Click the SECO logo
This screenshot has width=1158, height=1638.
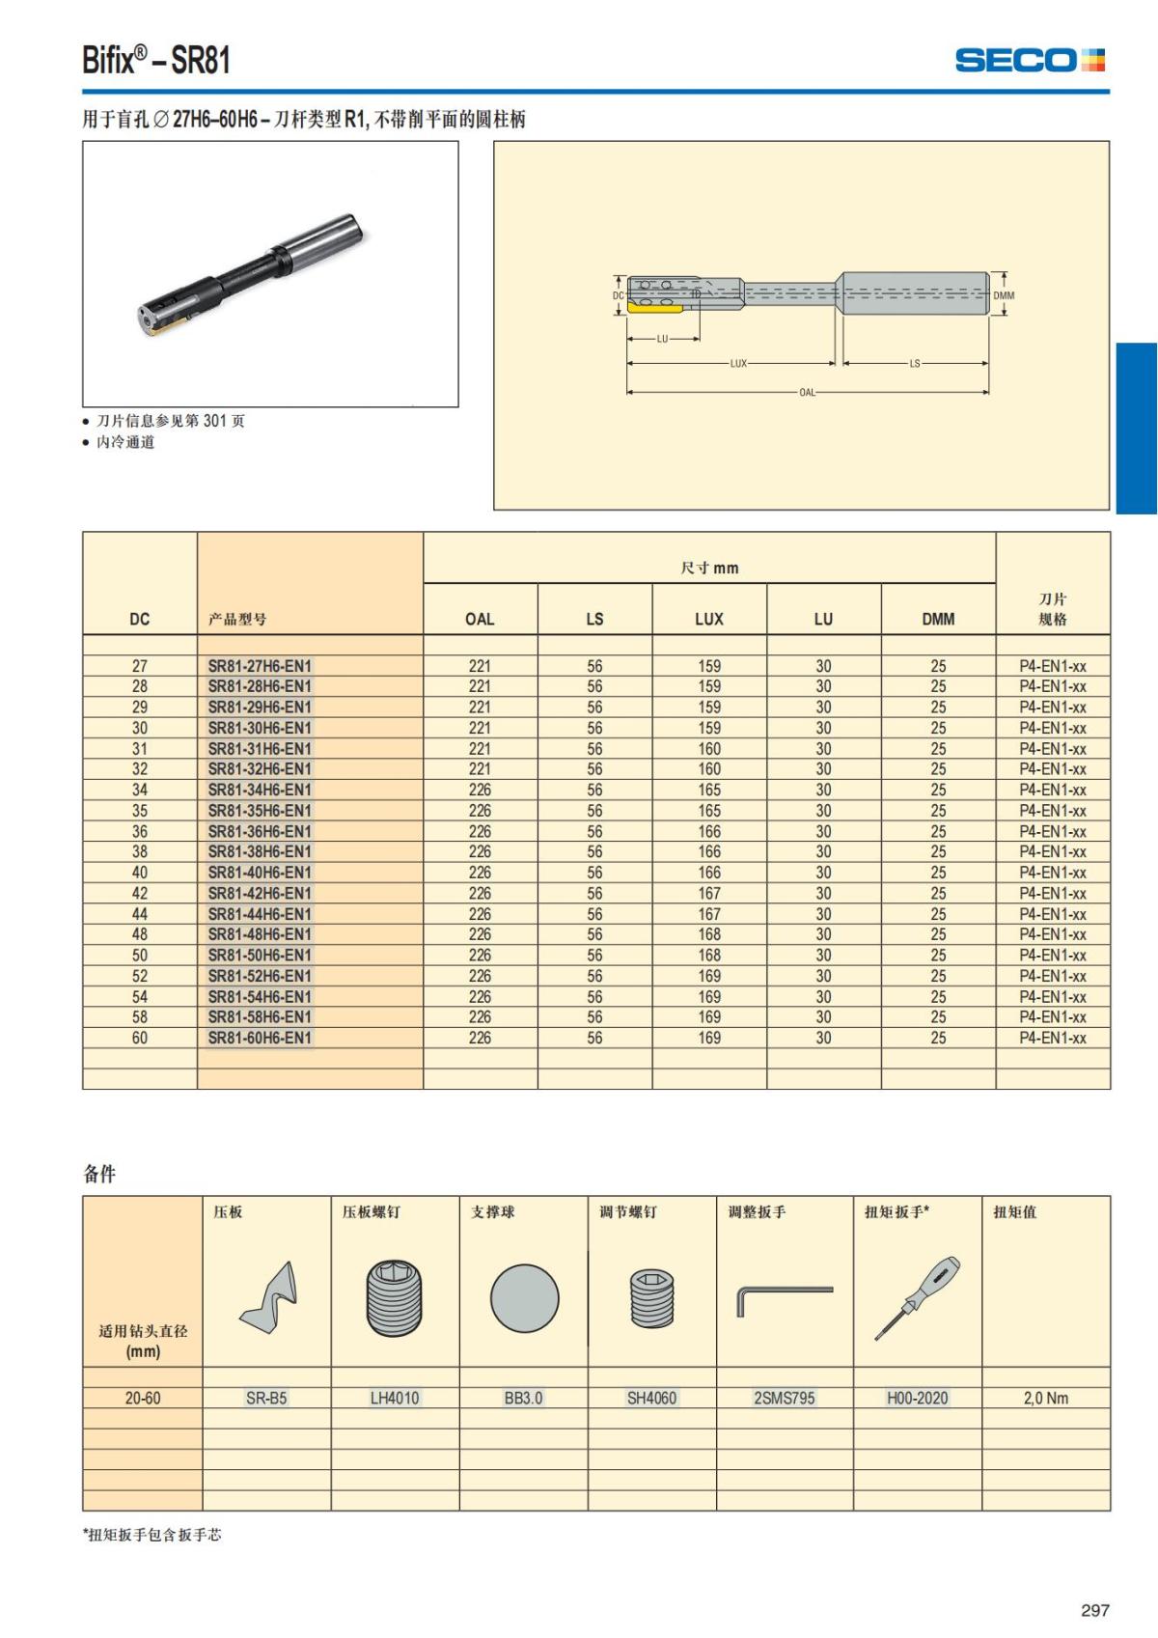point(1030,61)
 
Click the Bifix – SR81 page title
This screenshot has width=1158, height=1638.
point(156,61)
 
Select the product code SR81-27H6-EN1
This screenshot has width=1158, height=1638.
point(260,666)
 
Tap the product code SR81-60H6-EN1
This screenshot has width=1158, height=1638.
point(260,1038)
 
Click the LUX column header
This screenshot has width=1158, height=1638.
point(708,619)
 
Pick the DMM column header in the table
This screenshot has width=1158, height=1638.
point(938,619)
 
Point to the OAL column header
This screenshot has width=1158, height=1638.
point(480,619)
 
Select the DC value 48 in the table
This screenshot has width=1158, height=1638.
point(140,934)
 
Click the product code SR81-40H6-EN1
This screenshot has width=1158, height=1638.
point(260,873)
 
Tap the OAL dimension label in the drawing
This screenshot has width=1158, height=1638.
point(807,393)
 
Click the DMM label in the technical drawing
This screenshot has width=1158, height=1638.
point(1004,295)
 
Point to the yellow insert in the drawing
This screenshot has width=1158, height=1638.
point(652,306)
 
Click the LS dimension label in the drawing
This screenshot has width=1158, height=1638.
point(914,364)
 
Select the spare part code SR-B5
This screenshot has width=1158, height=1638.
point(266,1398)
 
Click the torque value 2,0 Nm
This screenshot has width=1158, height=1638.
point(1046,1398)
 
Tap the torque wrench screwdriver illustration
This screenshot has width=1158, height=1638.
point(917,1298)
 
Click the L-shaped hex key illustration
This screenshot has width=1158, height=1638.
point(783,1298)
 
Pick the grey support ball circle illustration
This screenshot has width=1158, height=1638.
point(524,1298)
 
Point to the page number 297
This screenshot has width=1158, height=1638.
point(1095,1610)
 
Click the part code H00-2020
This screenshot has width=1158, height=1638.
point(917,1398)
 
